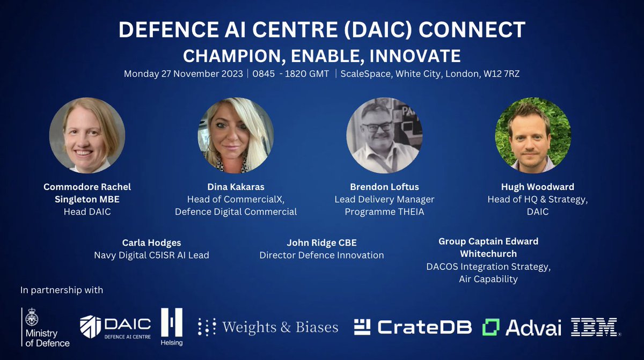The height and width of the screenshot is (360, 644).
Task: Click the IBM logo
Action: click(x=595, y=327)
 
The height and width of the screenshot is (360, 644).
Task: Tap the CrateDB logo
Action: click(x=413, y=327)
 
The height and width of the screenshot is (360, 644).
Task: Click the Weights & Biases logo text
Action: click(x=268, y=327)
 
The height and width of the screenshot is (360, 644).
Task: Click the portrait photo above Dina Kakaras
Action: click(x=236, y=135)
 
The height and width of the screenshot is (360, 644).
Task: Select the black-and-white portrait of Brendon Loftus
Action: click(x=384, y=135)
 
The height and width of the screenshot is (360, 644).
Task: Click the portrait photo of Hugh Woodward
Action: click(x=532, y=135)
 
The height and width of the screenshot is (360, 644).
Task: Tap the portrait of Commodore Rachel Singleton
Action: click(x=87, y=135)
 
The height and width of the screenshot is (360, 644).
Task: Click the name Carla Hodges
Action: click(x=151, y=242)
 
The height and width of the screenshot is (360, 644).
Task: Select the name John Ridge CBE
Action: click(x=321, y=242)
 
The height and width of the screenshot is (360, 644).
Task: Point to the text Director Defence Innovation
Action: click(x=321, y=255)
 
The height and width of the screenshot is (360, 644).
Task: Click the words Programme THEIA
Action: click(x=384, y=211)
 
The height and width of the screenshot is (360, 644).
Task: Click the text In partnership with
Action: click(x=62, y=290)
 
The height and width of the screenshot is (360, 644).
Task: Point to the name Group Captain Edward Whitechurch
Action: click(x=488, y=247)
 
